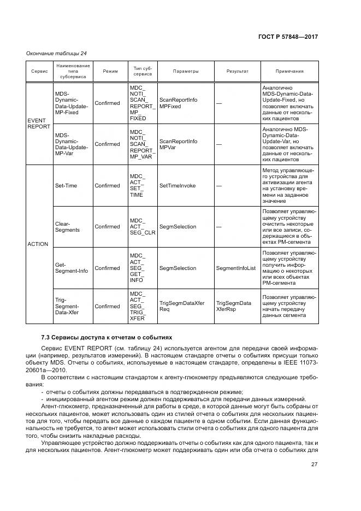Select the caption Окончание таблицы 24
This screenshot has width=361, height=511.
(x=56, y=53)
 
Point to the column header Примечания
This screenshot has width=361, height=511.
(x=289, y=72)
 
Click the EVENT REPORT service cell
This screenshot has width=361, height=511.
(x=38, y=123)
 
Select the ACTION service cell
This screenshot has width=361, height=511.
(x=38, y=244)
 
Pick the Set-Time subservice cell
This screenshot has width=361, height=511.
(x=66, y=185)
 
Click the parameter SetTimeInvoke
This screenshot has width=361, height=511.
(x=177, y=185)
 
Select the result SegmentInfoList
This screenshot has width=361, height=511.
(x=236, y=268)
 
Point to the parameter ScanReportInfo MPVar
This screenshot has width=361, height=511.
(x=178, y=144)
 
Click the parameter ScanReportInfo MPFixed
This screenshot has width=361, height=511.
(x=178, y=103)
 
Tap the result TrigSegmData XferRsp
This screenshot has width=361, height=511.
(x=234, y=306)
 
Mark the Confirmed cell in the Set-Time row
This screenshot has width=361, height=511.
(x=107, y=185)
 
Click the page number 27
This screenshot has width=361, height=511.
(x=314, y=464)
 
